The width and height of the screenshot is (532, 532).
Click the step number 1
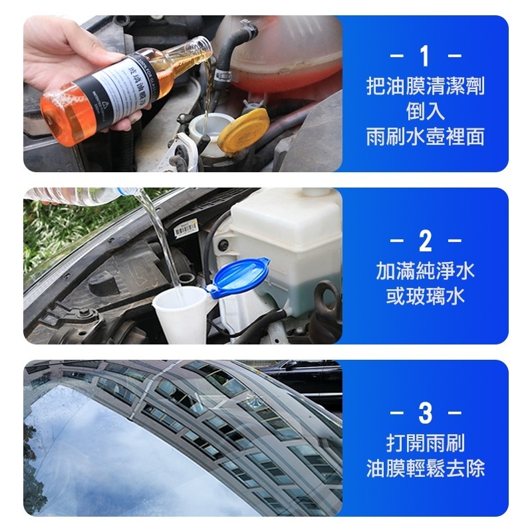[x=425, y=55]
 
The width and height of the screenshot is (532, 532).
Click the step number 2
[x=425, y=240]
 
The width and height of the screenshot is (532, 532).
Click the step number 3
[x=425, y=414]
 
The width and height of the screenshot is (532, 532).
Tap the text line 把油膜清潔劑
[x=425, y=86]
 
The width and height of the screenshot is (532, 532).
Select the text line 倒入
[x=425, y=112]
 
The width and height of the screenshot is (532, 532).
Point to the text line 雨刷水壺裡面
[x=425, y=137]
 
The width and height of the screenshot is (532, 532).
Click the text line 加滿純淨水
[x=425, y=271]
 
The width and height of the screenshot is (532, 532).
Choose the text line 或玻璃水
[x=425, y=297]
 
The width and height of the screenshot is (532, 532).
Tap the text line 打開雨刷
[x=425, y=443]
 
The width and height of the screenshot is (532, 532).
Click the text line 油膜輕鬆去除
[x=425, y=468]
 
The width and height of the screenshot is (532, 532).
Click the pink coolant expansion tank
[x=293, y=53]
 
